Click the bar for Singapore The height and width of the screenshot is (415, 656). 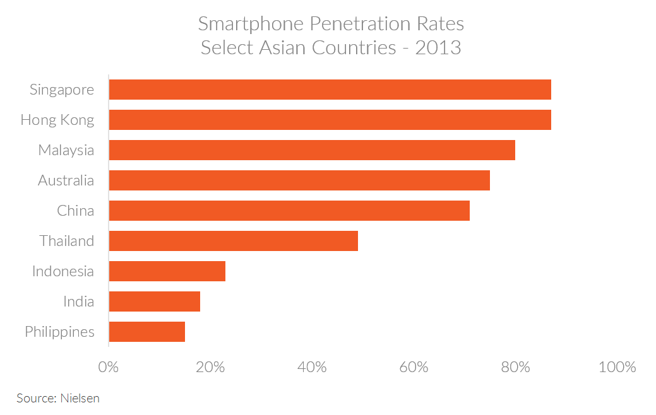click(330, 90)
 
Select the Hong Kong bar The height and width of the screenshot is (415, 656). click(330, 120)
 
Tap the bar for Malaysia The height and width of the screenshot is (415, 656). click(312, 150)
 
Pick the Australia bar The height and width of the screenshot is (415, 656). click(299, 180)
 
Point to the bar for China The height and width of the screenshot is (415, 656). click(289, 211)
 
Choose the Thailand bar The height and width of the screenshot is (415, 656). click(234, 241)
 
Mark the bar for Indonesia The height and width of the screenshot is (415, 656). click(167, 271)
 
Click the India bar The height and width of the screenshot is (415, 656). click(155, 301)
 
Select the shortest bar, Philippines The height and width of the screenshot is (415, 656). click(147, 332)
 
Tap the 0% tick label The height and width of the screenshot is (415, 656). click(109, 367)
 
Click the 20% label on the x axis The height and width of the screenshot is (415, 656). click(210, 367)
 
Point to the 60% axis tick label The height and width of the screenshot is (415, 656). click(414, 367)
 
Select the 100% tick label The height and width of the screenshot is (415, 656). click(617, 367)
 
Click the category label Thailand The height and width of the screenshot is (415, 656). click(66, 241)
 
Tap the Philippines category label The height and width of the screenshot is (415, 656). click(59, 332)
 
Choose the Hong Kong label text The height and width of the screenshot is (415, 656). click(57, 120)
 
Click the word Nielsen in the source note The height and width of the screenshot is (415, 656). click(80, 398)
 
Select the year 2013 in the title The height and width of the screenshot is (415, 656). click(438, 47)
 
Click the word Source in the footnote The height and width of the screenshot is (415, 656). click(35, 398)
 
